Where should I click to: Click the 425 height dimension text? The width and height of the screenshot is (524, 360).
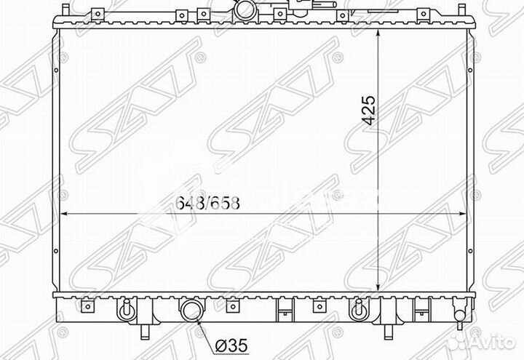point(368,110)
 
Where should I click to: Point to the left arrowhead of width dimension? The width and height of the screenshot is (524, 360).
point(64,215)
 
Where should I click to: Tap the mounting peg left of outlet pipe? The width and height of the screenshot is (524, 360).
point(124,310)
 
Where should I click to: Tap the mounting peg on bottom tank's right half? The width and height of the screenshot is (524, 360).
point(358,310)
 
